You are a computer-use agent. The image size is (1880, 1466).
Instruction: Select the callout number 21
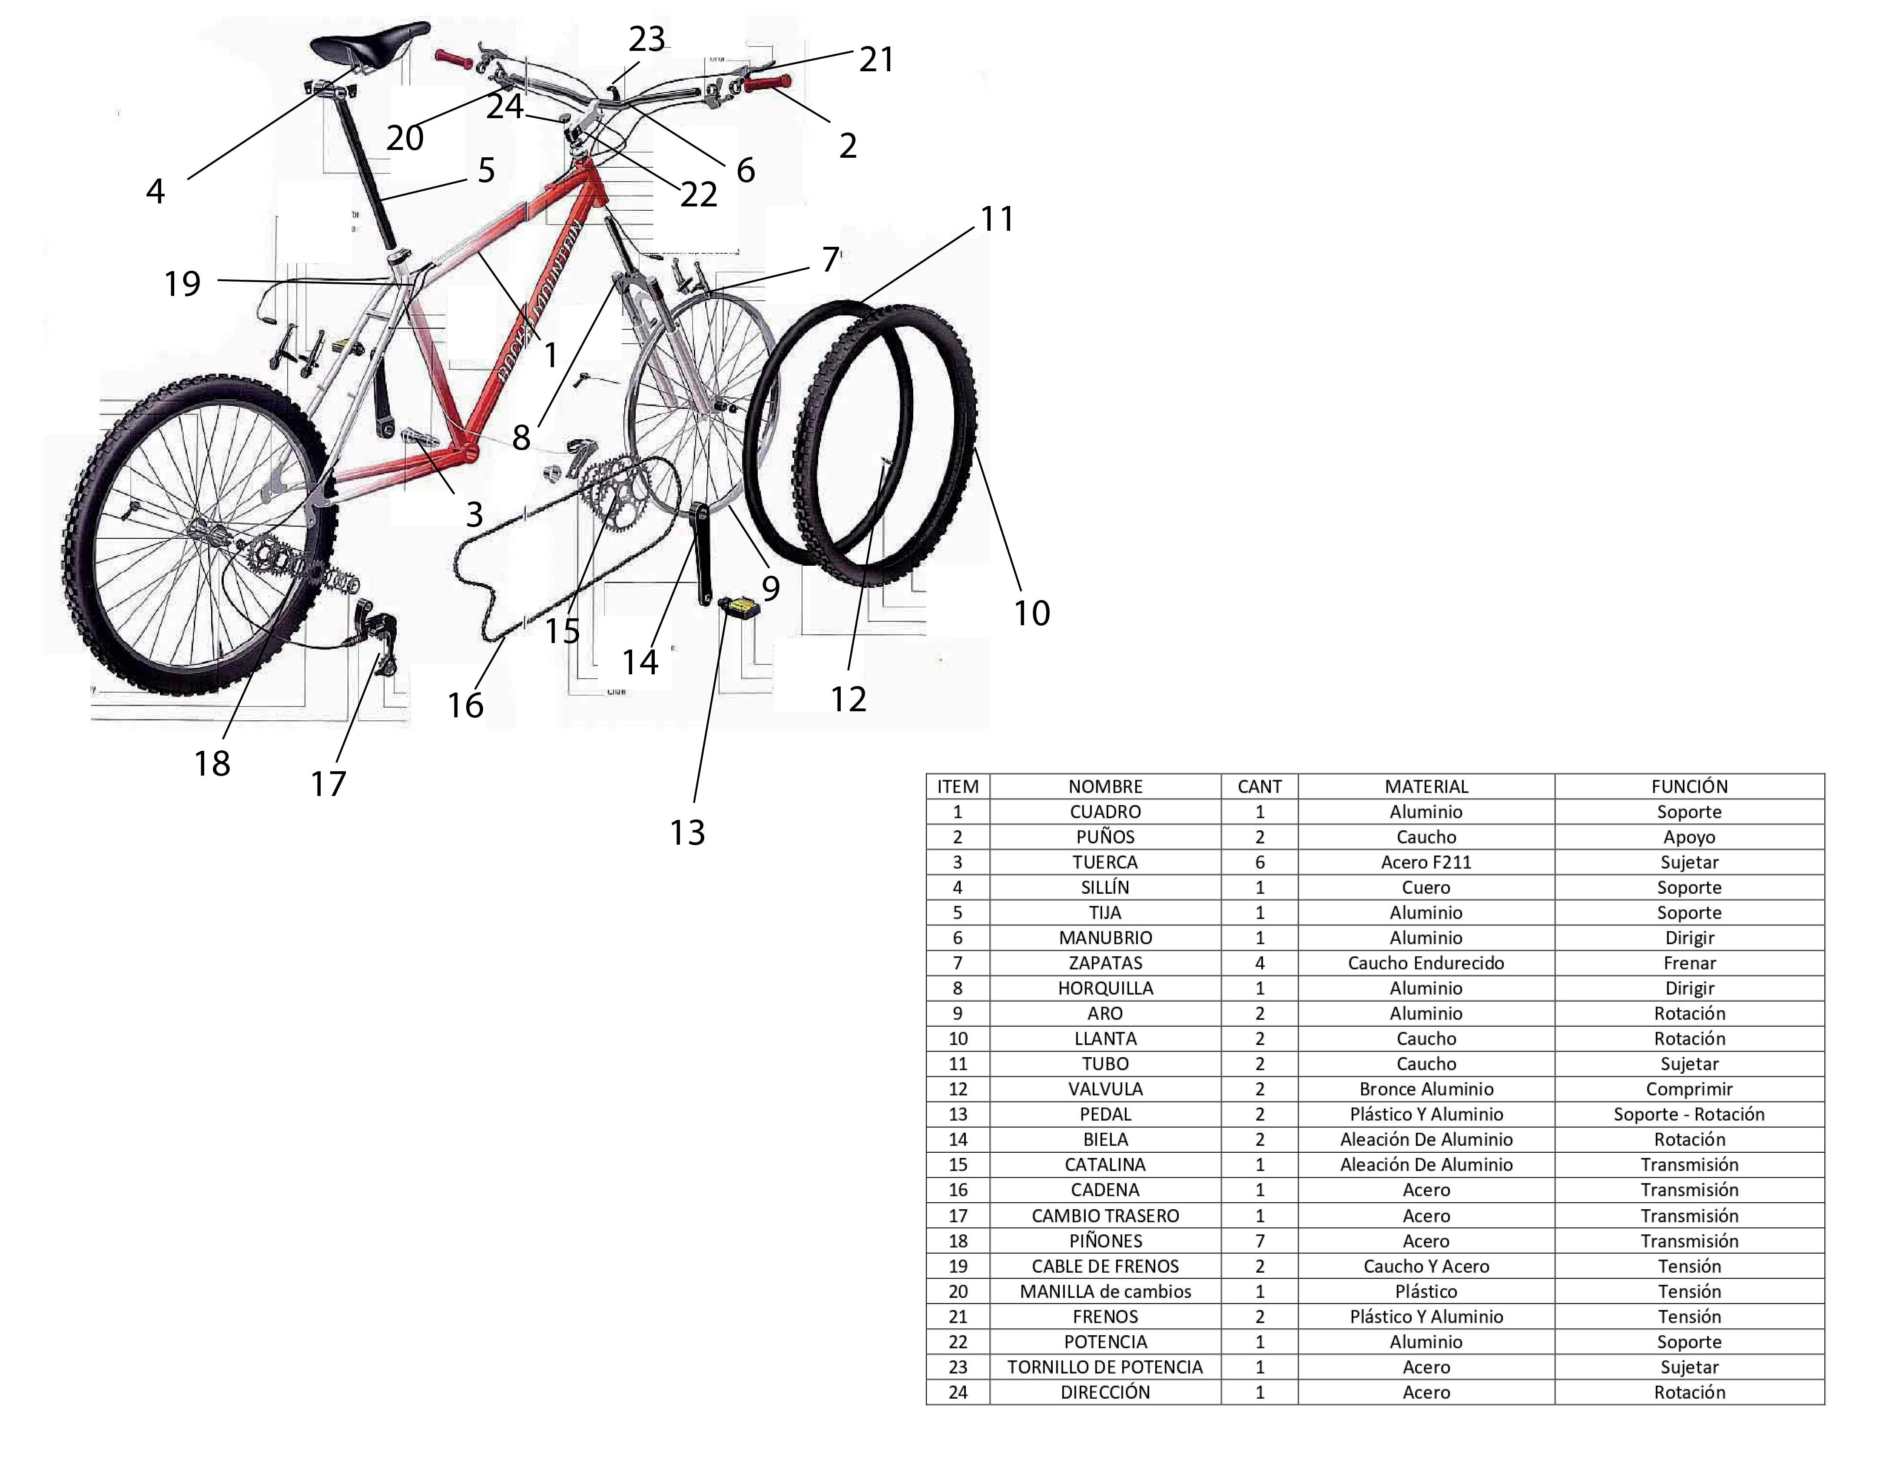pyautogui.click(x=876, y=60)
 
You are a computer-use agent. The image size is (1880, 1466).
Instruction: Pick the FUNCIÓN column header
pyautogui.click(x=1689, y=786)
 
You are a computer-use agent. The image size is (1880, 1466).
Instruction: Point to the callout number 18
pyautogui.click(x=212, y=763)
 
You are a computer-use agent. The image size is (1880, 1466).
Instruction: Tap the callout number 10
pyautogui.click(x=1031, y=613)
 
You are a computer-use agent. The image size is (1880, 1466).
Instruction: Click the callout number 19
pyautogui.click(x=182, y=283)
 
